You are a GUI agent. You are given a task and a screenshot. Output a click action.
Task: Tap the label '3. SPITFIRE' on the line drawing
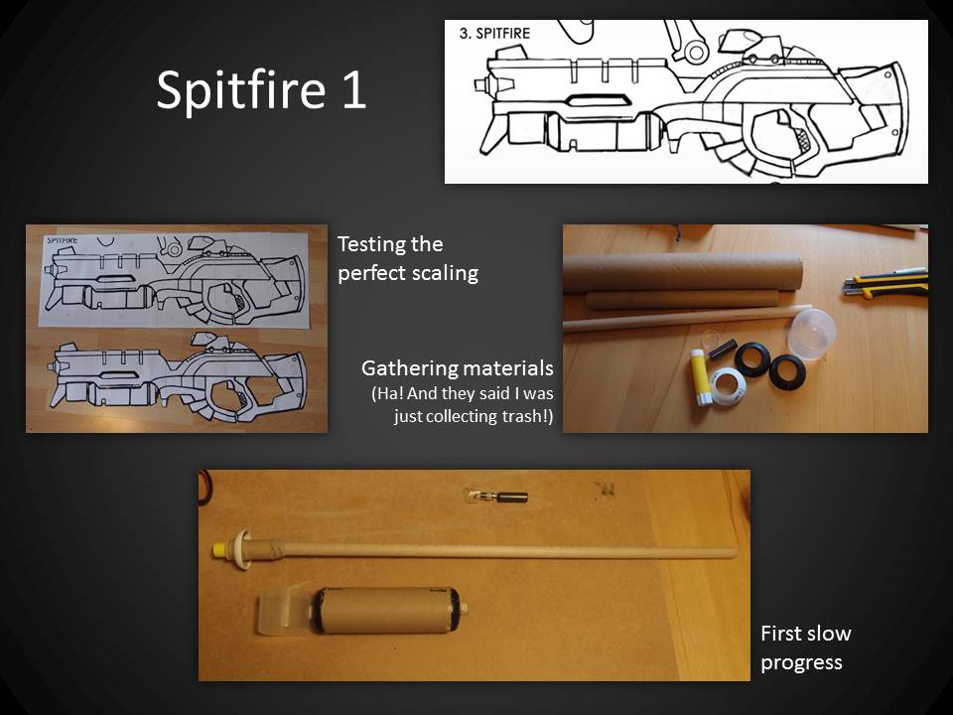[x=494, y=34]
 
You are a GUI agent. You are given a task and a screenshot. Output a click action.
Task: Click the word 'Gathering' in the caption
[x=408, y=369]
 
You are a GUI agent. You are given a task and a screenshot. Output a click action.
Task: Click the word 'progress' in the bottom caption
[x=802, y=663]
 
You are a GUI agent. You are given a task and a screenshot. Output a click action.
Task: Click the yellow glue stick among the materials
[x=701, y=378]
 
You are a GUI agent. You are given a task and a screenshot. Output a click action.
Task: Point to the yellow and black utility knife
[x=885, y=283]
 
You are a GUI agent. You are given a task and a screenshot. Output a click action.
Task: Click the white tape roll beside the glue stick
[x=728, y=386]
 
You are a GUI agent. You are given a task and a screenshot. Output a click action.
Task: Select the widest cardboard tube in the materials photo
[x=683, y=272]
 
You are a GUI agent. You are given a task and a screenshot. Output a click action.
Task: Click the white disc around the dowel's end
[x=243, y=549]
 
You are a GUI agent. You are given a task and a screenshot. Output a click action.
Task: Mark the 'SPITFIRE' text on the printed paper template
[x=63, y=240]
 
